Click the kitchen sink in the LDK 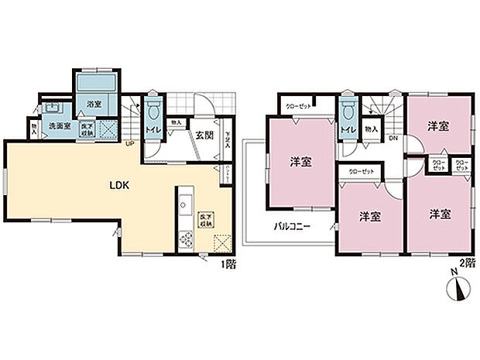[185, 205]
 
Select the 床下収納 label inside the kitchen [206, 221]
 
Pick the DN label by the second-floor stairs [393, 139]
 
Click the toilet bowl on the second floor [347, 109]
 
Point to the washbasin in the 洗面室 [53, 105]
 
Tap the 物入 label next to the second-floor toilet [371, 129]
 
